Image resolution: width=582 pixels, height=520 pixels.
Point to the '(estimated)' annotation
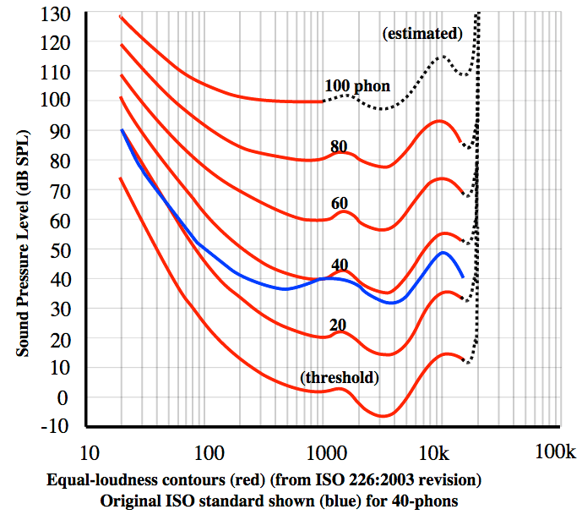click(422, 34)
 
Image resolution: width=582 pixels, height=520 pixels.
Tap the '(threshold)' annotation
click(339, 377)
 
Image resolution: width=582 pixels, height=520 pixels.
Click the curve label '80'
click(340, 145)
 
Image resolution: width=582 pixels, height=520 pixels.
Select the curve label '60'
click(340, 203)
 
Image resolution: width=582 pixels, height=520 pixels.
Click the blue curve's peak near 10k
click(443, 252)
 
